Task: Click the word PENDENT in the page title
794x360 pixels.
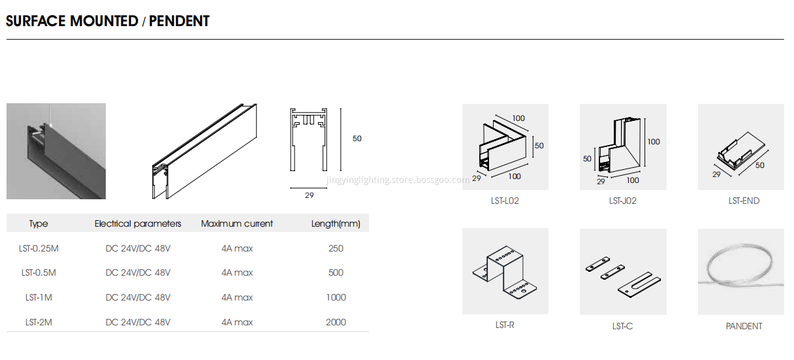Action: click(179, 21)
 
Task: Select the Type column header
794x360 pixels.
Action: click(39, 223)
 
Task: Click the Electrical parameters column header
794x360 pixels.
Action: click(138, 223)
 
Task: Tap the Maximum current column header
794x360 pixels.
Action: click(237, 223)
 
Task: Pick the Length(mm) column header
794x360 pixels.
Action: click(336, 223)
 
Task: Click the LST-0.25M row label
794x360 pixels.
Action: click(39, 248)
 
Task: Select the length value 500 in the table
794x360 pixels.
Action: click(336, 272)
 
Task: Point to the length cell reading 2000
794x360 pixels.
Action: click(336, 322)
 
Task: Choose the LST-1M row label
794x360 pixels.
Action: click(39, 297)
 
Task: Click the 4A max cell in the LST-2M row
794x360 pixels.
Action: click(237, 322)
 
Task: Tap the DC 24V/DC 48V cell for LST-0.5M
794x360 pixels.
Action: click(138, 272)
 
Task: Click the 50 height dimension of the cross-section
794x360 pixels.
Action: click(357, 139)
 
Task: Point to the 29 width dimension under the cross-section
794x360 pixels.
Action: click(308, 195)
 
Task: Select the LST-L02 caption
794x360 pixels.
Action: click(505, 201)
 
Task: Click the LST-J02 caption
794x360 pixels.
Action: click(622, 201)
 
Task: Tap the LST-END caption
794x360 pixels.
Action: click(744, 201)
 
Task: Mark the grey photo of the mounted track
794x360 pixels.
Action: click(56, 151)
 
